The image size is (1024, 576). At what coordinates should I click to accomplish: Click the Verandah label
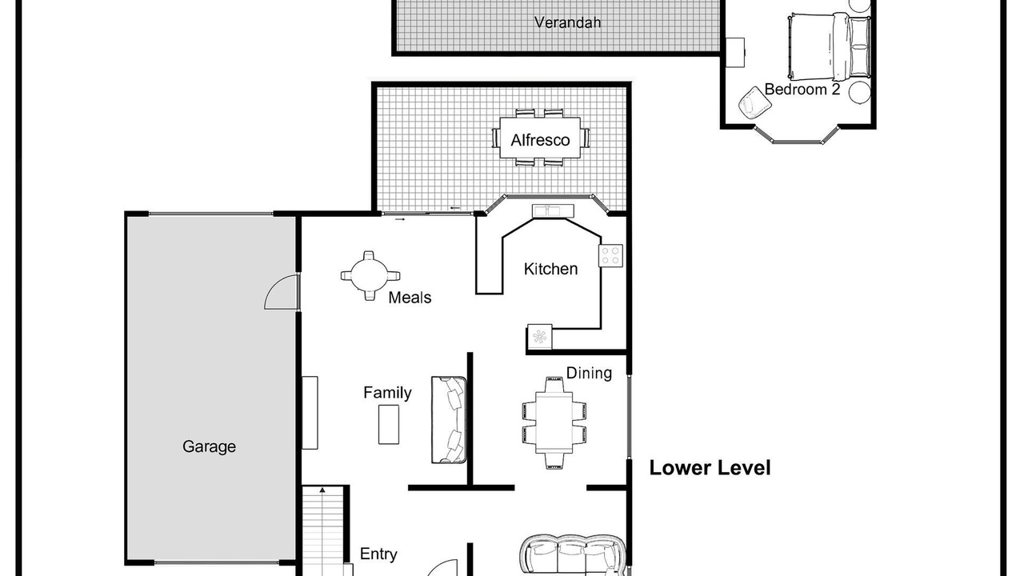567,22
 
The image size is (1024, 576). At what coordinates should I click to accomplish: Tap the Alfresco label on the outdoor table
540,140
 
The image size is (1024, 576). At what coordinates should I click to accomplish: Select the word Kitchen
550,269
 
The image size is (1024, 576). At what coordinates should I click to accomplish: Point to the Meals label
410,298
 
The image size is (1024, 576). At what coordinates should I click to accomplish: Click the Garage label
209,446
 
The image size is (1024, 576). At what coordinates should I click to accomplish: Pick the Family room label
387,393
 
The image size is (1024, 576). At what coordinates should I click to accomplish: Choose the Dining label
589,373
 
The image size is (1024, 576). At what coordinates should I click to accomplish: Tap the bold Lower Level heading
710,468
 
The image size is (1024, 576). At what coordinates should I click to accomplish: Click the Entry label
378,554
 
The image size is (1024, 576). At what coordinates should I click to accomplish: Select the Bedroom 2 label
802,89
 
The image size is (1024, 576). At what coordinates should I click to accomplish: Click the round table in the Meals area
370,276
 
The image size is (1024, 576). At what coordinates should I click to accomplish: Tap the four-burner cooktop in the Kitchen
610,255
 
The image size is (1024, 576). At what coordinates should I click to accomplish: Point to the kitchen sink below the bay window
553,210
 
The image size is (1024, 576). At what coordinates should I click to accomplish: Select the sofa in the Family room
449,420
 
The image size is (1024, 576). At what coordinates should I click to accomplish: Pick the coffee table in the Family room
389,424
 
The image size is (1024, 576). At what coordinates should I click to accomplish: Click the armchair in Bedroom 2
754,102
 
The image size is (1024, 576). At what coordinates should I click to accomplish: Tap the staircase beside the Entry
322,530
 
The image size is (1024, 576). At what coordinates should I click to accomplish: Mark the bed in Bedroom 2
829,46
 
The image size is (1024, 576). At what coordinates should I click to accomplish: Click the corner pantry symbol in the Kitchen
539,337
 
